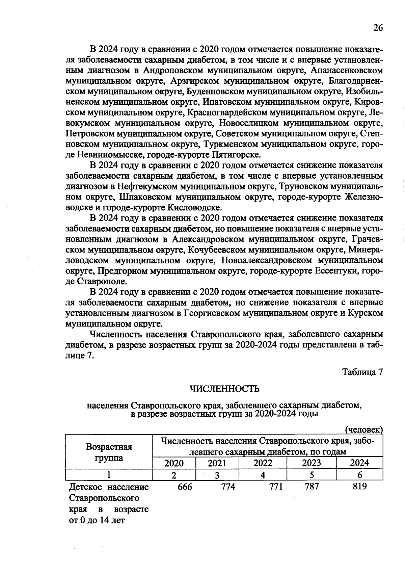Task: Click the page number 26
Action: [x=378, y=28]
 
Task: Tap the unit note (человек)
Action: [x=364, y=430]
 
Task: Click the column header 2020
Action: [x=174, y=463]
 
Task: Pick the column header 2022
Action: [x=263, y=463]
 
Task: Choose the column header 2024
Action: [x=359, y=463]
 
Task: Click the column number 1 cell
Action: [x=109, y=475]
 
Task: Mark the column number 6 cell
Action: [x=359, y=475]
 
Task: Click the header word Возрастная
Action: [x=109, y=447]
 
